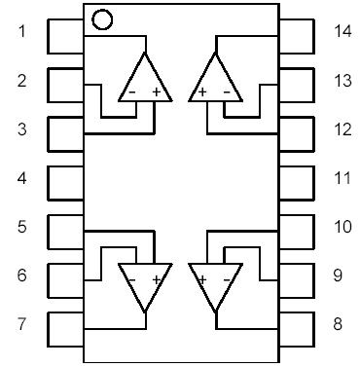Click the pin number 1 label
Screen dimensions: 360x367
(x=21, y=32)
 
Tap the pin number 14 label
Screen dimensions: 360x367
(x=342, y=32)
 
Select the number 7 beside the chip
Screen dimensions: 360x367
(x=21, y=324)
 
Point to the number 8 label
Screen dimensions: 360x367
(x=338, y=324)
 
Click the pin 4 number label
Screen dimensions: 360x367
(x=21, y=178)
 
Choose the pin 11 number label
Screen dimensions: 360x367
(x=342, y=178)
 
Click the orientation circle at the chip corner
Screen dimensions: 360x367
(x=101, y=18)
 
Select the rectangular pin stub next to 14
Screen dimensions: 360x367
(x=297, y=37)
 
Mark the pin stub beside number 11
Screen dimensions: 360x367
(x=297, y=182)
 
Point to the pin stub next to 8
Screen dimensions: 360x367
(x=297, y=327)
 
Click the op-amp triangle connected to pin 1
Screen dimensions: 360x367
(x=143, y=81)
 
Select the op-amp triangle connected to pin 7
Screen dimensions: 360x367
(x=143, y=283)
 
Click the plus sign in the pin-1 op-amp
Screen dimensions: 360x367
(x=156, y=93)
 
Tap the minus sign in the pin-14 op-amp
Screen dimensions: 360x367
(x=227, y=93)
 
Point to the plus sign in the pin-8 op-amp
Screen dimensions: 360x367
(x=202, y=279)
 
